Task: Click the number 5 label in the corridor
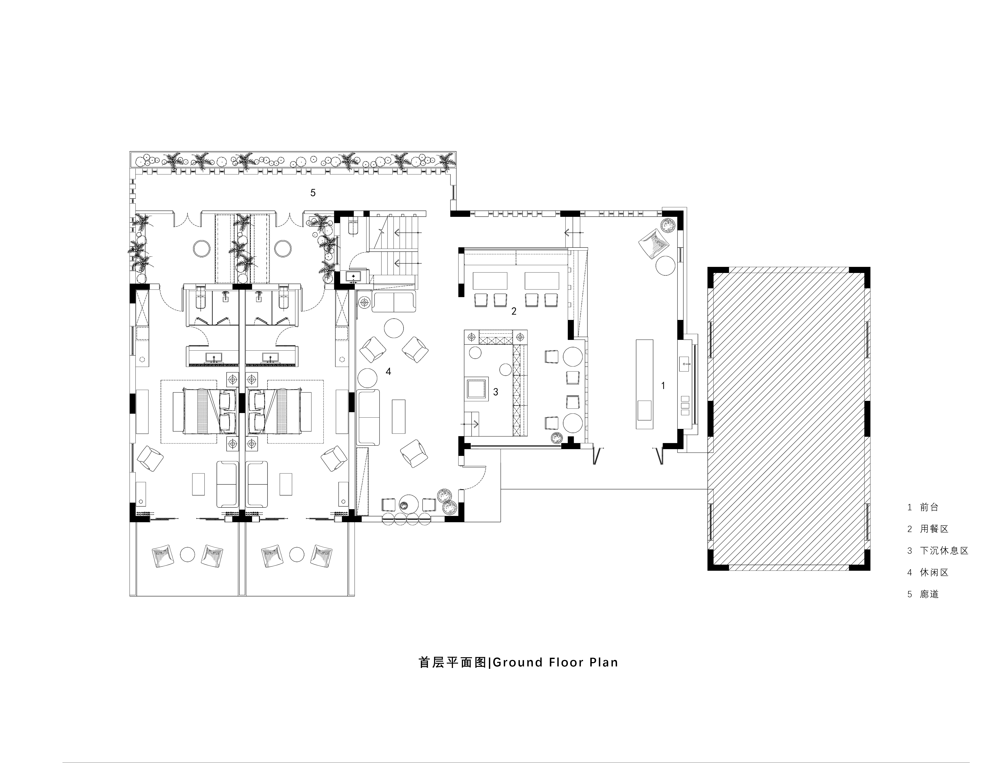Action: pyautogui.click(x=313, y=192)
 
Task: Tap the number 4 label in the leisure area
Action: pyautogui.click(x=388, y=371)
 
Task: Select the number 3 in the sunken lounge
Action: pyautogui.click(x=496, y=392)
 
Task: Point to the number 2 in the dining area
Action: pyautogui.click(x=514, y=311)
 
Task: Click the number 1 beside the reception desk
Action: pyautogui.click(x=663, y=386)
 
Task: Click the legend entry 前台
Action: pyautogui.click(x=929, y=507)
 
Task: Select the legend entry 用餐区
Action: pyautogui.click(x=934, y=529)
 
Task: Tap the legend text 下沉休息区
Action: pyautogui.click(x=944, y=550)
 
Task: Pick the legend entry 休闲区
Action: pyautogui.click(x=934, y=572)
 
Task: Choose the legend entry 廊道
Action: pyautogui.click(x=929, y=594)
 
